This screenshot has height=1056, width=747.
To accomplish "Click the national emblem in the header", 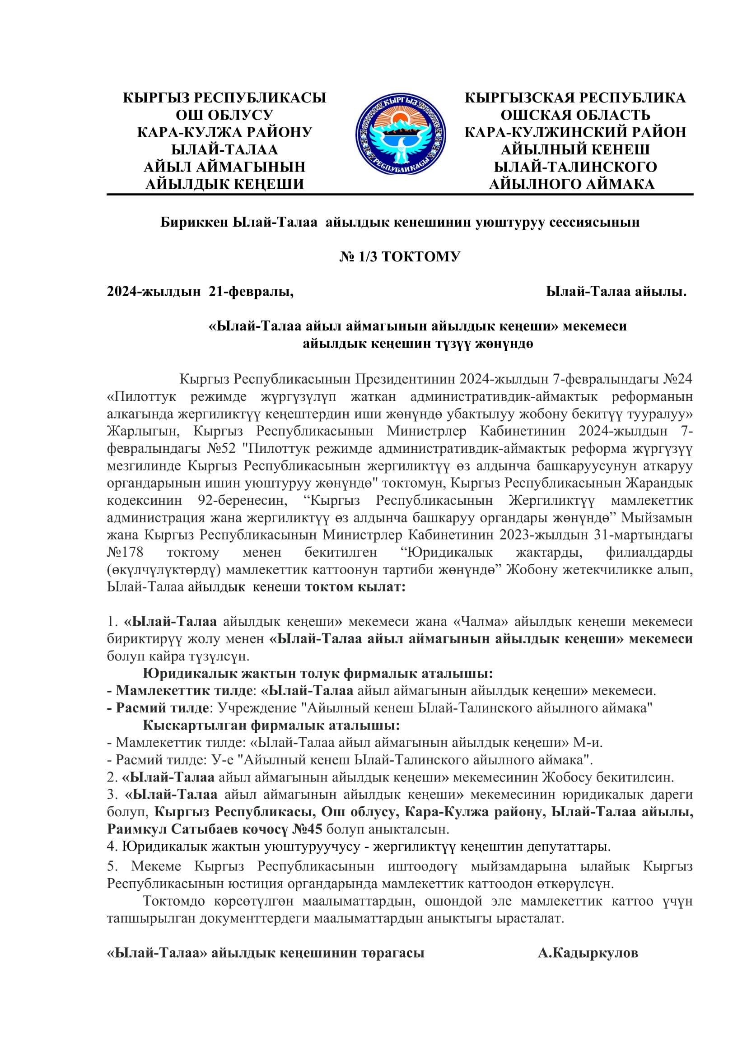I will tap(400, 134).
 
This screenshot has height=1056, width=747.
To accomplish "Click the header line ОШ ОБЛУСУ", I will tap(224, 115).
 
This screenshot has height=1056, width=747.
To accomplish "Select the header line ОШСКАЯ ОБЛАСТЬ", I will tap(575, 115).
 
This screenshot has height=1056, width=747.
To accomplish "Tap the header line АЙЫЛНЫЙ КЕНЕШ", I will tap(575, 149).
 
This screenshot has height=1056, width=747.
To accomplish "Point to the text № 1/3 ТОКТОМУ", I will tap(400, 256).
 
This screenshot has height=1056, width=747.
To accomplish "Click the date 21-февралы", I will tap(251, 292).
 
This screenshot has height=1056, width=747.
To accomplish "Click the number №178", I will tap(125, 552).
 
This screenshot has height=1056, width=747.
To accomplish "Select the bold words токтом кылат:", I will tap(355, 587).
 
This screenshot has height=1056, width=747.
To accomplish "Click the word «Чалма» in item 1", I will tap(481, 622).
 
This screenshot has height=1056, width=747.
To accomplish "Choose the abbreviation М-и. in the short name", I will tap(588, 743).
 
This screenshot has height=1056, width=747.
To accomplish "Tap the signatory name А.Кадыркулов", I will tap(588, 953).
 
